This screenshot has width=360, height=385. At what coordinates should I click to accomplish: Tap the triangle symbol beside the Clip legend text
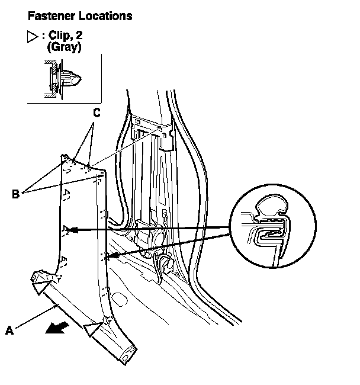[33, 37]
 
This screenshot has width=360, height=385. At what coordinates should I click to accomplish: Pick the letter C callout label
[96, 113]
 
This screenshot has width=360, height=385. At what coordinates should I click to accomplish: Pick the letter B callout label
[15, 193]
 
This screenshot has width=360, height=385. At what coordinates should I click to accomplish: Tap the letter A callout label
[9, 332]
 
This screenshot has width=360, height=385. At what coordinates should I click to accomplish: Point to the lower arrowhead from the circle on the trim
[110, 256]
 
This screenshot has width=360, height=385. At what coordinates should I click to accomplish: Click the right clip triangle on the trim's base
[93, 328]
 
